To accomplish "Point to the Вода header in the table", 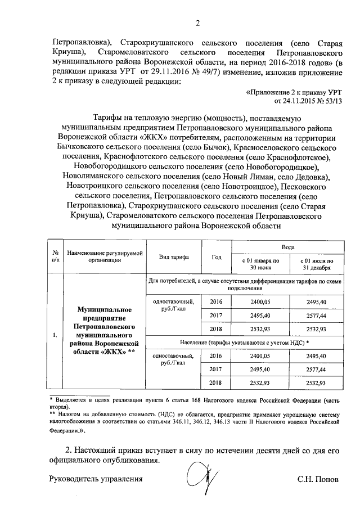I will tap(287, 247).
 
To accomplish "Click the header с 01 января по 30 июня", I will tap(260, 264).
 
